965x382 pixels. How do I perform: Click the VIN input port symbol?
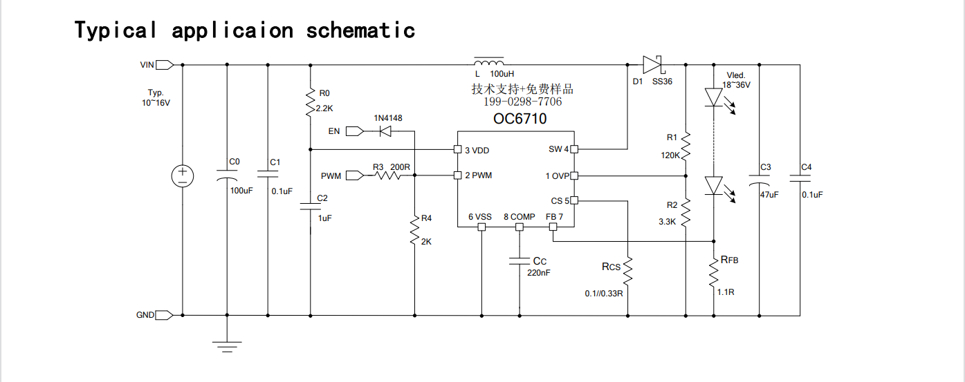165,65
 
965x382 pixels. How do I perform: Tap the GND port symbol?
164,315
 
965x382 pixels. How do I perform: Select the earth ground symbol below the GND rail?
227,347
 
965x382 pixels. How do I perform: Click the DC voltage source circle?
183,176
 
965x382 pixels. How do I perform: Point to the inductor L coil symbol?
489,61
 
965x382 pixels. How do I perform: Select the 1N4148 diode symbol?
385,131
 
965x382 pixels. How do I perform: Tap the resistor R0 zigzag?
310,102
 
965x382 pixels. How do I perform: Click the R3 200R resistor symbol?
387,175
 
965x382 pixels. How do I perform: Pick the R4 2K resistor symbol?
415,230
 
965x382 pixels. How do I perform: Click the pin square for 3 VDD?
458,150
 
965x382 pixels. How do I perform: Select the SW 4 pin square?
574,149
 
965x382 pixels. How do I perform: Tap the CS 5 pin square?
574,200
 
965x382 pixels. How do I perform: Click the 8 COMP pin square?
520,227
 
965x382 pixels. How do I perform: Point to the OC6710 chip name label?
520,119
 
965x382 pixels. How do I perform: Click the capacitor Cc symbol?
520,261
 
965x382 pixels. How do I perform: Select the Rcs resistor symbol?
627,271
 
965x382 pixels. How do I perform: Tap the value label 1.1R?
726,292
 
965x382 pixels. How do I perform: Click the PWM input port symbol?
355,175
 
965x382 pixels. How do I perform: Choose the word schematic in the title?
360,30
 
